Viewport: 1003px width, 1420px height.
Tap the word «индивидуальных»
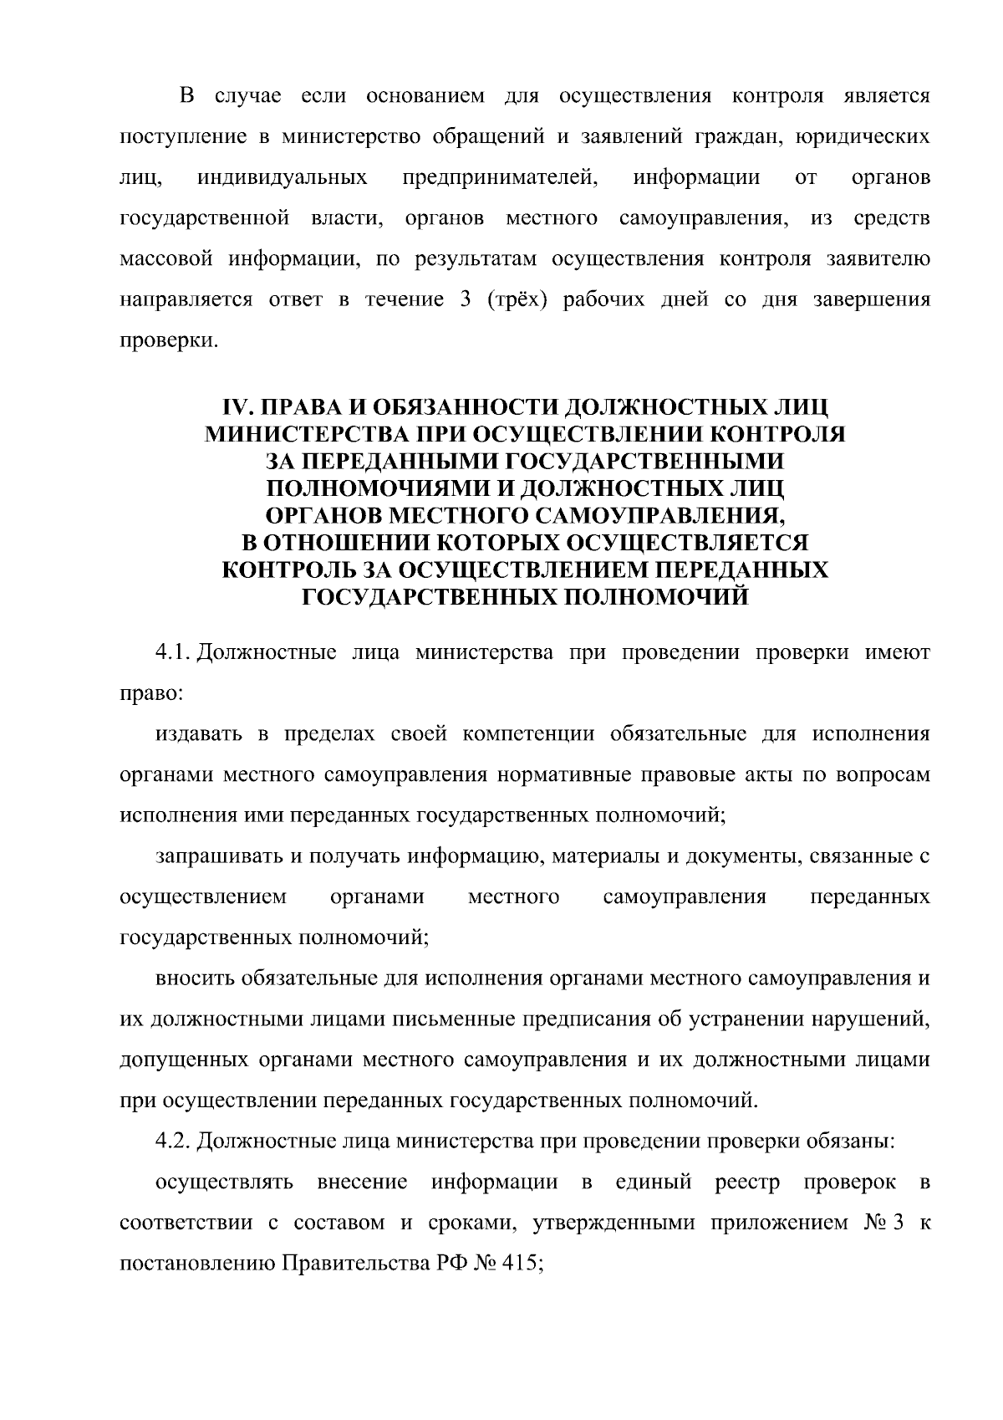(x=283, y=177)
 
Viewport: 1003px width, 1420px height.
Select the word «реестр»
(x=747, y=1182)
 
